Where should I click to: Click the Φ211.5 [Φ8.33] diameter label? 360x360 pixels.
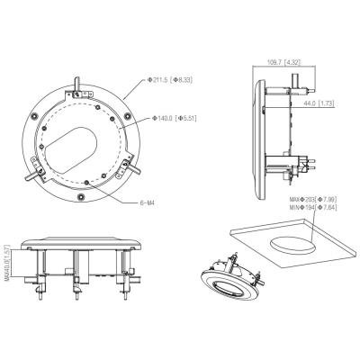point(169,80)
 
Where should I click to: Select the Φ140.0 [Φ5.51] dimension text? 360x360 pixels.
point(175,118)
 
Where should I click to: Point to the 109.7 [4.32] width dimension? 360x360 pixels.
point(283,62)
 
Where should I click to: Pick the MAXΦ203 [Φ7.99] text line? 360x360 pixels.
point(313,199)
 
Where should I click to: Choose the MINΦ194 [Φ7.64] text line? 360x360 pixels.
point(313,207)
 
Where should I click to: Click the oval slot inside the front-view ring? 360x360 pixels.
point(70,145)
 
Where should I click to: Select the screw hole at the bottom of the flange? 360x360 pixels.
point(80,196)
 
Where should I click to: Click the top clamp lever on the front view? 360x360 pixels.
point(77,85)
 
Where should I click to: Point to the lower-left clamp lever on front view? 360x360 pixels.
point(33,174)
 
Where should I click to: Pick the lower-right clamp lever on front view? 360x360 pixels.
point(132,166)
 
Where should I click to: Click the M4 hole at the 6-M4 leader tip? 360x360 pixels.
point(86,182)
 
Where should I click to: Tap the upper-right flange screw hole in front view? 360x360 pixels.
point(128,115)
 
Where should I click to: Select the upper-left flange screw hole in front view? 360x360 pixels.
point(33,115)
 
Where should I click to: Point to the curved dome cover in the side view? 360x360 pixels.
point(260,139)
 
